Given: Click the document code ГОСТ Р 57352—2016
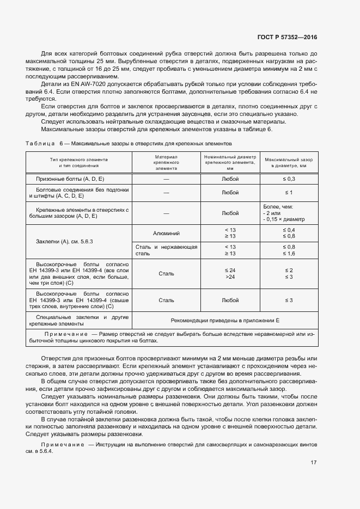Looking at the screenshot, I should [286, 38].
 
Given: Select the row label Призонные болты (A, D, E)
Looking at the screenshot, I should [70, 179].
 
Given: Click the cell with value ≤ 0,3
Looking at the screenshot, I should [289, 179].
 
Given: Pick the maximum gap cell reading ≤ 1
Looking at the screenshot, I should [289, 193].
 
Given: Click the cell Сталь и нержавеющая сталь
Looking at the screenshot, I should [167, 250].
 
